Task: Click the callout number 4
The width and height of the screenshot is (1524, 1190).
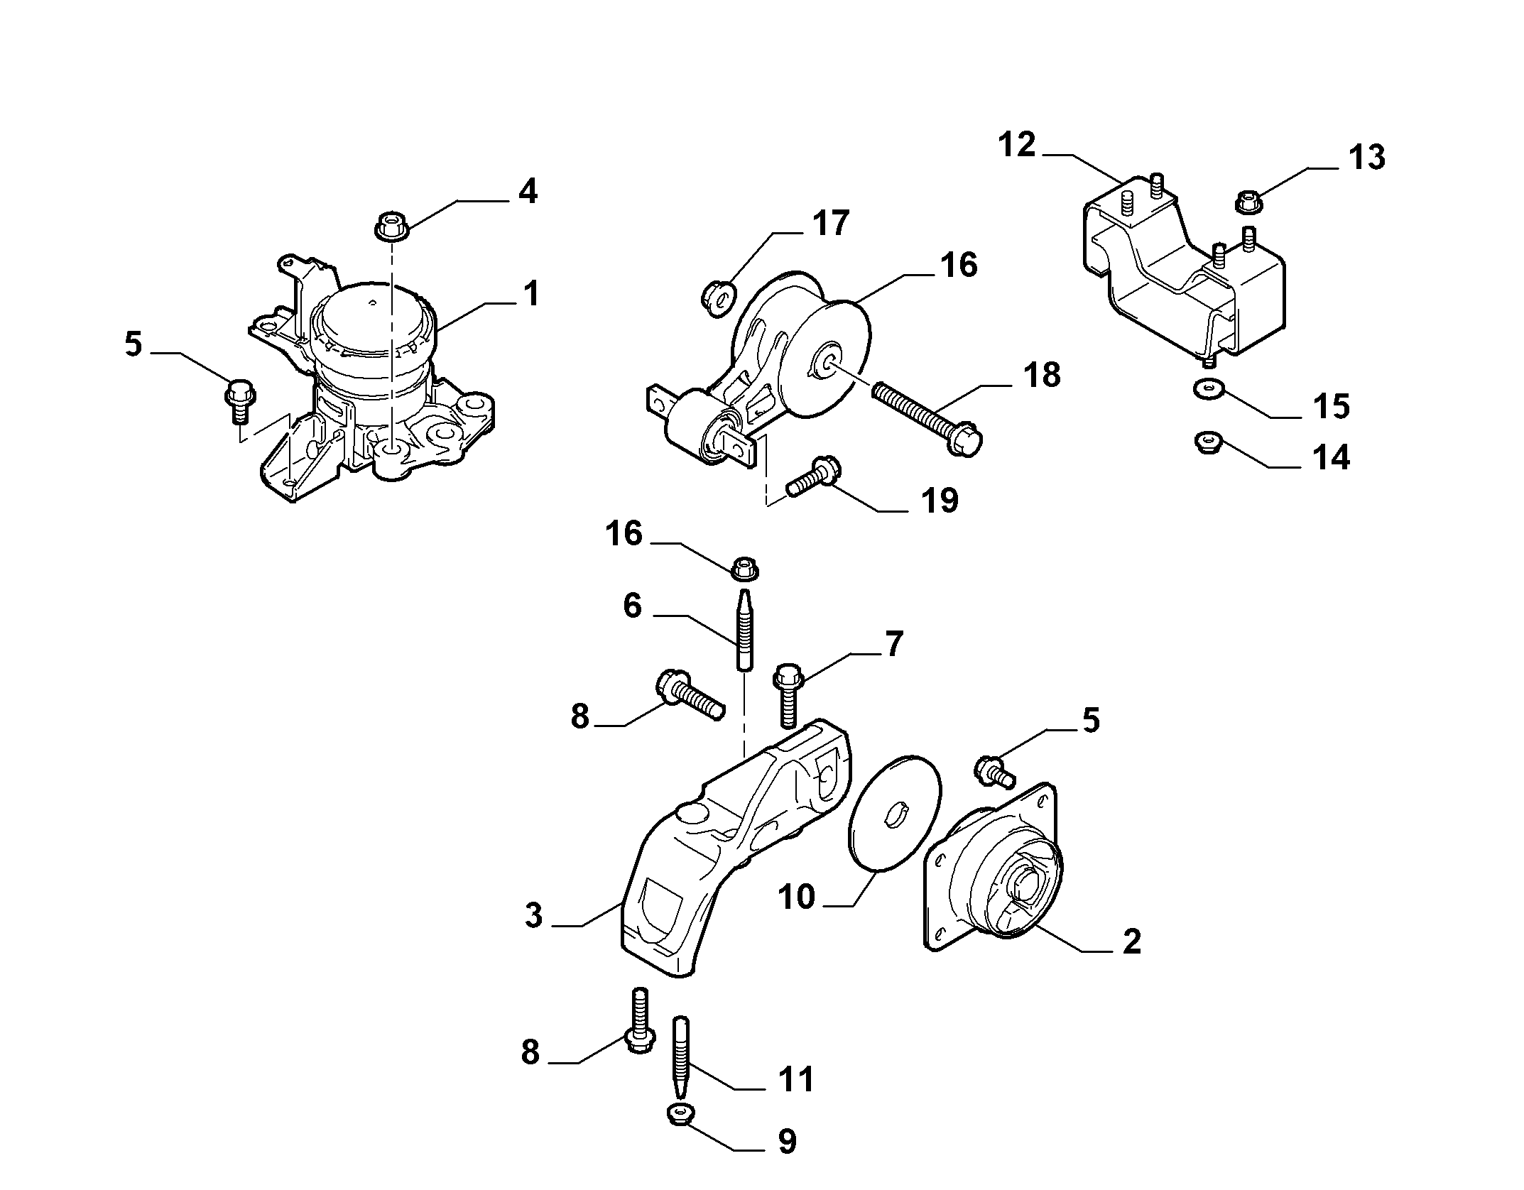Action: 528,192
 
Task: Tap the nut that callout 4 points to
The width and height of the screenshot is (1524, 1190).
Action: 389,226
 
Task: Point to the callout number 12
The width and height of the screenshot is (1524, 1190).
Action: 1018,145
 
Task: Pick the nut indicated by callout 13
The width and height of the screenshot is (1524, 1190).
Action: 1249,202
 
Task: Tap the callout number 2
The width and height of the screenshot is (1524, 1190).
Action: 1131,941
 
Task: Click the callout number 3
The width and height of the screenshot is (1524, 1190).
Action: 534,915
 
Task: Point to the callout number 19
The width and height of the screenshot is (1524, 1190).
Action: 939,500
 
